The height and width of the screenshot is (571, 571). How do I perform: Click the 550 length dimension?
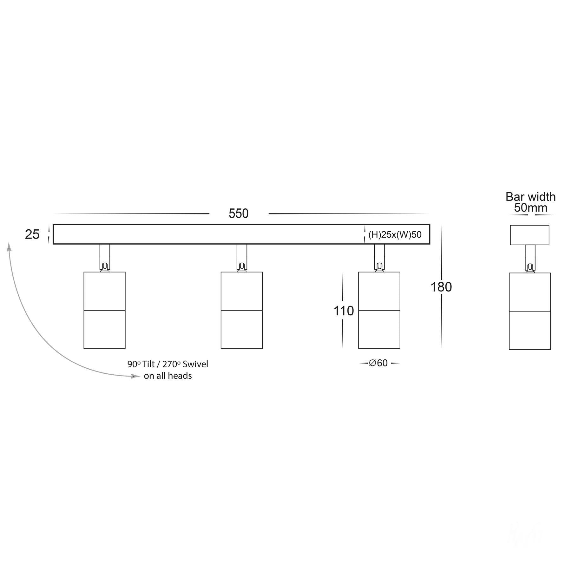(x=239, y=213)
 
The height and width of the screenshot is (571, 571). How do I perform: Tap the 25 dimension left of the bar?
(x=32, y=234)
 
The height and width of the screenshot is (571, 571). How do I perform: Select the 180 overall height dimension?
(x=441, y=287)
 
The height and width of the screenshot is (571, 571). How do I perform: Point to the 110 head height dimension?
(x=344, y=311)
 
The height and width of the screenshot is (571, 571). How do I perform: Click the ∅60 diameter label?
(x=378, y=363)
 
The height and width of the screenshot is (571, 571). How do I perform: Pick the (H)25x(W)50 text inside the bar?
(x=395, y=234)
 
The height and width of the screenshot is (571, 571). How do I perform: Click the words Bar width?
(x=530, y=197)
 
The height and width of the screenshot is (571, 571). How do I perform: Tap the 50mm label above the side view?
(x=531, y=208)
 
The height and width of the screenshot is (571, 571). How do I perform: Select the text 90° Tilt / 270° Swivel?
(x=168, y=364)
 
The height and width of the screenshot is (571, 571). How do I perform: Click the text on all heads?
(x=168, y=376)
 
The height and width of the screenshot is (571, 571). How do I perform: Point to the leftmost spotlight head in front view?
(x=104, y=310)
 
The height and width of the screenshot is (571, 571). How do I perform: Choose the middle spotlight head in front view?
(x=242, y=310)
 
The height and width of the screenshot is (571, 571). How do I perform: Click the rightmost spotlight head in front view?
(x=379, y=310)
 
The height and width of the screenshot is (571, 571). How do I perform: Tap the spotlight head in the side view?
(x=530, y=311)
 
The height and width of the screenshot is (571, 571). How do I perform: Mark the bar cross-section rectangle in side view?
(x=529, y=235)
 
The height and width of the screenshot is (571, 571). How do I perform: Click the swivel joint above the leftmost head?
(x=105, y=266)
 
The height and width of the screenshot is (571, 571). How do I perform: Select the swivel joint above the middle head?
(x=242, y=266)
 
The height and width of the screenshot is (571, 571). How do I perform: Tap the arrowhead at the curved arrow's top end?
(x=9, y=247)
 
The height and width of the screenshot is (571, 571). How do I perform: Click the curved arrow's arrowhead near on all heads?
(x=135, y=376)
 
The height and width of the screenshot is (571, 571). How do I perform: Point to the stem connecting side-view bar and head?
(x=530, y=259)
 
